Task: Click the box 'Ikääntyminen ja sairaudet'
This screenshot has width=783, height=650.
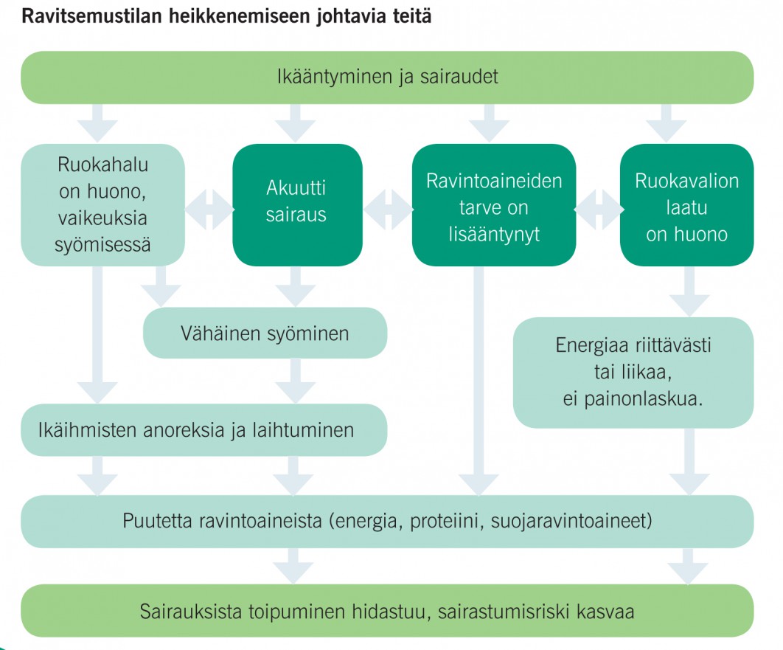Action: [387, 77]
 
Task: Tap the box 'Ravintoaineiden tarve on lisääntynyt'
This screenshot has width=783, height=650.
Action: [493, 207]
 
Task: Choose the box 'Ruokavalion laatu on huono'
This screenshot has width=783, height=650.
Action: [686, 207]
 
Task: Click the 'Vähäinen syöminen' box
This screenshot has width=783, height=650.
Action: [265, 333]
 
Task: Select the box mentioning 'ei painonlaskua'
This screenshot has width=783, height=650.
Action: [633, 372]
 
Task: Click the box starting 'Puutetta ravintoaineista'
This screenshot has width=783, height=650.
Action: [387, 521]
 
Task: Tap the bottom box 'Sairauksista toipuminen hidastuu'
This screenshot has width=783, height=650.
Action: [387, 611]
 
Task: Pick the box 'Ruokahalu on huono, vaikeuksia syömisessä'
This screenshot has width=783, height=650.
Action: [102, 204]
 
